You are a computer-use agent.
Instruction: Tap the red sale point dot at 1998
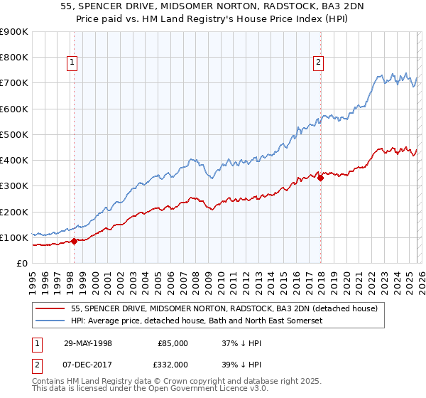click(x=75, y=242)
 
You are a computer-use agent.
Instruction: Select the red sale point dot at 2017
click(x=320, y=178)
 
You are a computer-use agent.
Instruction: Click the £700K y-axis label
click(x=14, y=83)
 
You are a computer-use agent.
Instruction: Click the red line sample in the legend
click(x=52, y=308)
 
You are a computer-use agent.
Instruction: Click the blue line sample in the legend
click(x=52, y=321)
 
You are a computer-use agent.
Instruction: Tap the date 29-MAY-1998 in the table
click(x=87, y=343)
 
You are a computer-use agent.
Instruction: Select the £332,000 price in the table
click(x=172, y=364)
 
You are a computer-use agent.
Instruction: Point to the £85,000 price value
click(x=173, y=343)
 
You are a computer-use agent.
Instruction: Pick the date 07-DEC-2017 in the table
click(x=87, y=364)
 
